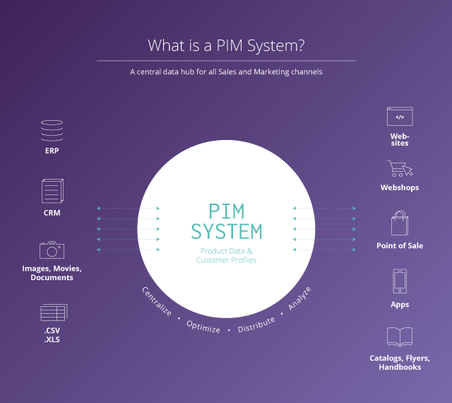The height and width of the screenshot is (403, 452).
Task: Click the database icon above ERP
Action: pos(52,131)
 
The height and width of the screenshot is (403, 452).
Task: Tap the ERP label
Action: pos(52,151)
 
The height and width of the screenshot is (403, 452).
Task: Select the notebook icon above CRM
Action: pos(52,191)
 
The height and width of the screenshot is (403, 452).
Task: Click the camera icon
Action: pos(52,250)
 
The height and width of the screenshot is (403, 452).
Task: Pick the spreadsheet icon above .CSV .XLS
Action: pos(52,311)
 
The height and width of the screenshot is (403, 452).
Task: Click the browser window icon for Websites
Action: pos(399,117)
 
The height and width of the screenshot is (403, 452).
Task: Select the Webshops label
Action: pos(400,188)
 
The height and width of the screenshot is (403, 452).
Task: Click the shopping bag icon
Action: pos(400,223)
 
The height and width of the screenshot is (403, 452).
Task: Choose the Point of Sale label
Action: pos(400,245)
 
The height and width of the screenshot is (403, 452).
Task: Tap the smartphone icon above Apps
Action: pos(400,281)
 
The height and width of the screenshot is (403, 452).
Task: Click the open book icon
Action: pos(400,337)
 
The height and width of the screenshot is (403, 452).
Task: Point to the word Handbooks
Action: pos(400,367)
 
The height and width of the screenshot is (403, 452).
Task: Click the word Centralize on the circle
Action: pos(157,302)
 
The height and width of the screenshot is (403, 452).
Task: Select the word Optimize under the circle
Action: pos(203,327)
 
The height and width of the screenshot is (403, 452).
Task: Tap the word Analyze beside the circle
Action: pos(299,299)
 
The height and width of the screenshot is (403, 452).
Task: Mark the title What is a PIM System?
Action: pos(226,46)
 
